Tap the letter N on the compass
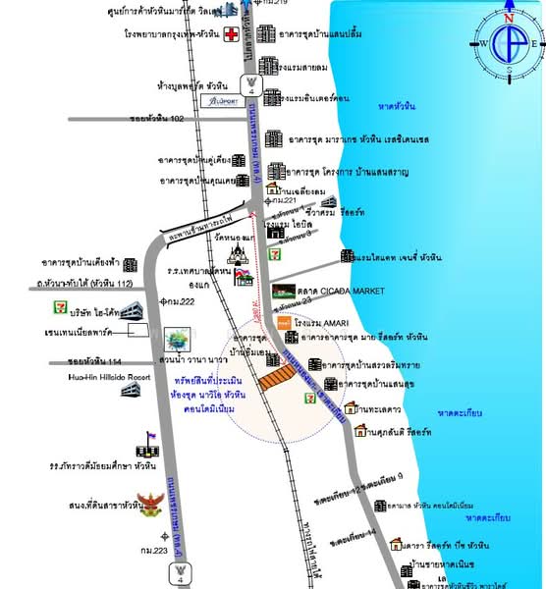click(509, 17)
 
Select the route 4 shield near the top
click(252, 81)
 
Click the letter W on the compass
click(484, 43)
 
